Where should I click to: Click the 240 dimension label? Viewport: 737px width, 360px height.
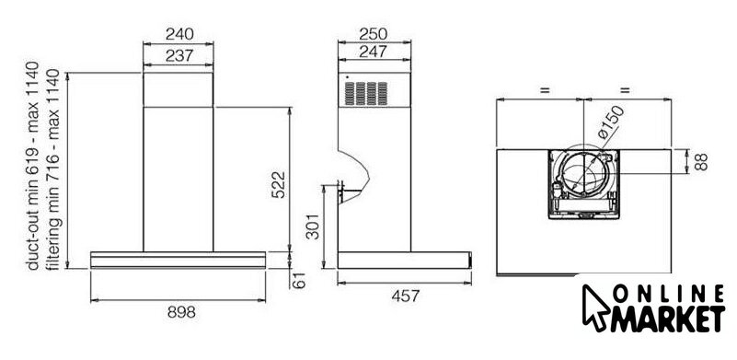point(179,34)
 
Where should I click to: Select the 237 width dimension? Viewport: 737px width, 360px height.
point(179,55)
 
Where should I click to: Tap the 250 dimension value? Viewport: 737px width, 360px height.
point(374,34)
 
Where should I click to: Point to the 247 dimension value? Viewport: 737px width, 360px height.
point(374,52)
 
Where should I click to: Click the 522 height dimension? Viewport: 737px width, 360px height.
point(278,184)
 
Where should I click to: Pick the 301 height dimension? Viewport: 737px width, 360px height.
point(313,226)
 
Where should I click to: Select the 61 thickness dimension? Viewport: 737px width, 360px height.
point(299,281)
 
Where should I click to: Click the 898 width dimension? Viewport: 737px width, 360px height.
point(181,311)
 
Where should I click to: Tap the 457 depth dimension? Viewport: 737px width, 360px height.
point(405,296)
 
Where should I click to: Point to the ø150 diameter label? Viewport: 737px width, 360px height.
point(611,122)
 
